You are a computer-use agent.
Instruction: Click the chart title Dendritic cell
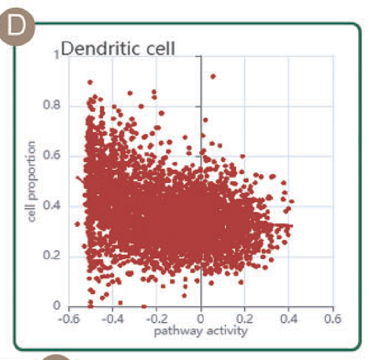coord(118,49)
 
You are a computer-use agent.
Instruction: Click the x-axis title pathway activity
coord(200,331)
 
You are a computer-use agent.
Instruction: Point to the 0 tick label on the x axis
coord(200,320)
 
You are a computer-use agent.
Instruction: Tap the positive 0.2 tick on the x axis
coord(244,320)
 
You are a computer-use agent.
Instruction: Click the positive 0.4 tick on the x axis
coord(288,320)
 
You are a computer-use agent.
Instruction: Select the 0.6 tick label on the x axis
coord(332,320)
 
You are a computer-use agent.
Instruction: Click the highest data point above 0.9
coord(213,76)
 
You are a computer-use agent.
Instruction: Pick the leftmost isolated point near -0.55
coord(77,224)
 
